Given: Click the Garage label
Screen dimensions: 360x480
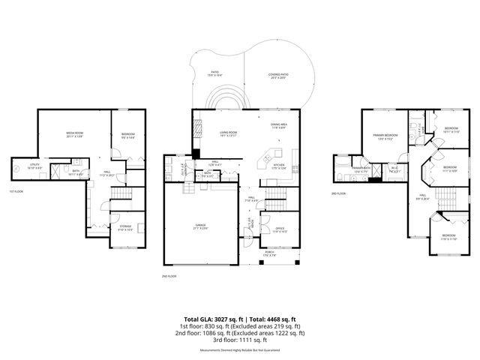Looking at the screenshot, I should pyautogui.click(x=201, y=226).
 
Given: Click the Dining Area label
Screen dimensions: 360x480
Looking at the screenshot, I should pyautogui.click(x=280, y=125).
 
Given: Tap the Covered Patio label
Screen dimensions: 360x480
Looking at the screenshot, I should pyautogui.click(x=279, y=75).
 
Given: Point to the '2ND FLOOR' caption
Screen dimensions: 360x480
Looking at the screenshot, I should pyautogui.click(x=169, y=276).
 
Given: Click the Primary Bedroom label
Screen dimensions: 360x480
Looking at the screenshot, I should pyautogui.click(x=385, y=136).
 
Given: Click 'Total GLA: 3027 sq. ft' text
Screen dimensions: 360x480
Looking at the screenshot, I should pyautogui.click(x=214, y=319).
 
